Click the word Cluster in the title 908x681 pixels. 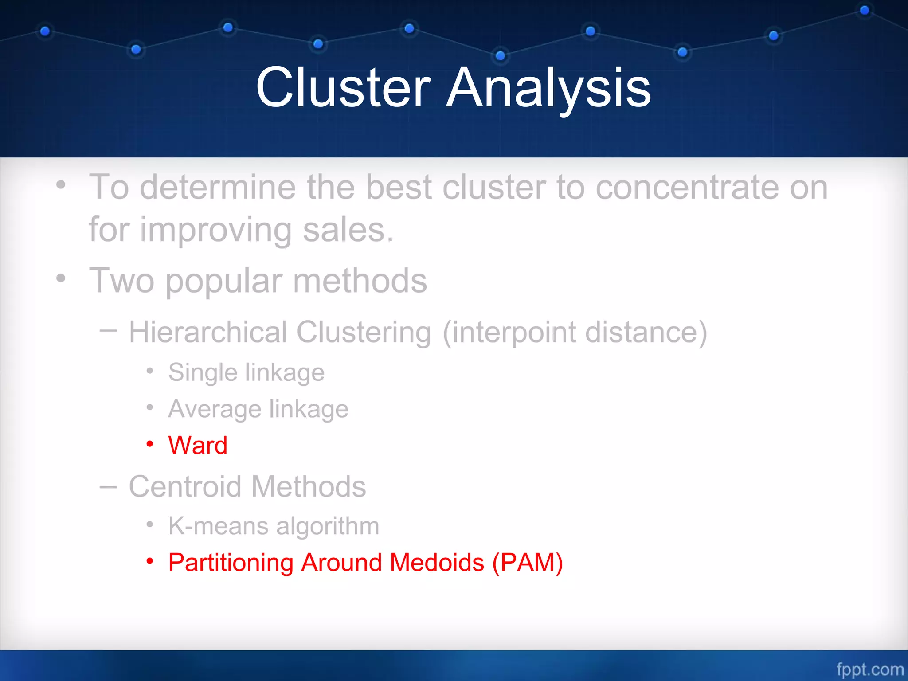(x=344, y=87)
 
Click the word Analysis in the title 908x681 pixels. (x=548, y=87)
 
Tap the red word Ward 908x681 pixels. (x=198, y=445)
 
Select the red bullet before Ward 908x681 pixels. (x=150, y=444)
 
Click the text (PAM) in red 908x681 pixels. (x=528, y=563)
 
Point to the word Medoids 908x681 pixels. (x=437, y=563)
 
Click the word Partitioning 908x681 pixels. (x=231, y=563)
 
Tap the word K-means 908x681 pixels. (x=218, y=526)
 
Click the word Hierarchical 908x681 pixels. (x=208, y=332)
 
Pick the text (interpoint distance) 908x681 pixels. (x=575, y=332)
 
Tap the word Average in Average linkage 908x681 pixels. (x=215, y=409)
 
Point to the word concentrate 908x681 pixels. (x=687, y=188)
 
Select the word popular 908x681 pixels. (x=224, y=281)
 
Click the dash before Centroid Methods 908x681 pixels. (x=108, y=487)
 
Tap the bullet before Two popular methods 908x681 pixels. (x=61, y=279)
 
